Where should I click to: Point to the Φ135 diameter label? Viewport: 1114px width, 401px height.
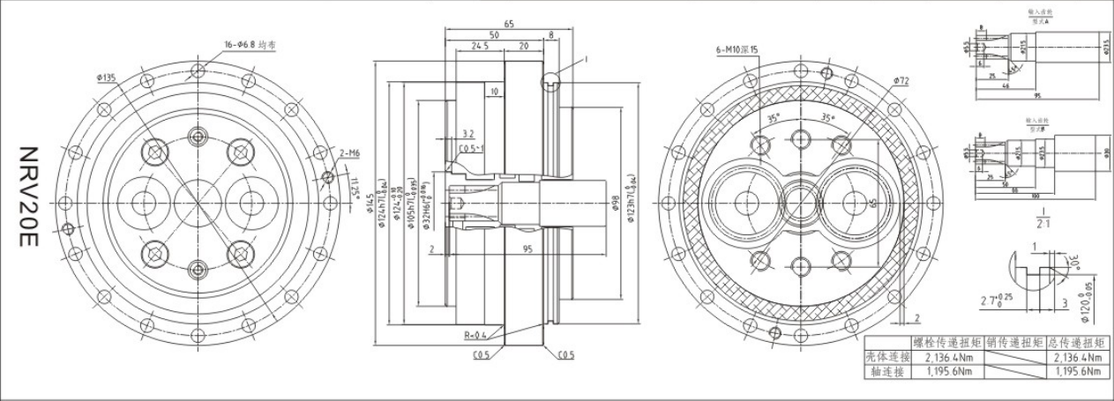point(108,78)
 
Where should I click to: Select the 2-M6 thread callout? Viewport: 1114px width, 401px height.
point(350,153)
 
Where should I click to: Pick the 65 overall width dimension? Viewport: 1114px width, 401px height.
point(509,24)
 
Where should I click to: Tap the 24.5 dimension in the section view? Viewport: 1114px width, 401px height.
point(480,46)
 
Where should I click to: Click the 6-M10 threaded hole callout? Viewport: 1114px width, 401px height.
point(736,50)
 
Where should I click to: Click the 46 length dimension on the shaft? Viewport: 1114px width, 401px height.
point(1005,86)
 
